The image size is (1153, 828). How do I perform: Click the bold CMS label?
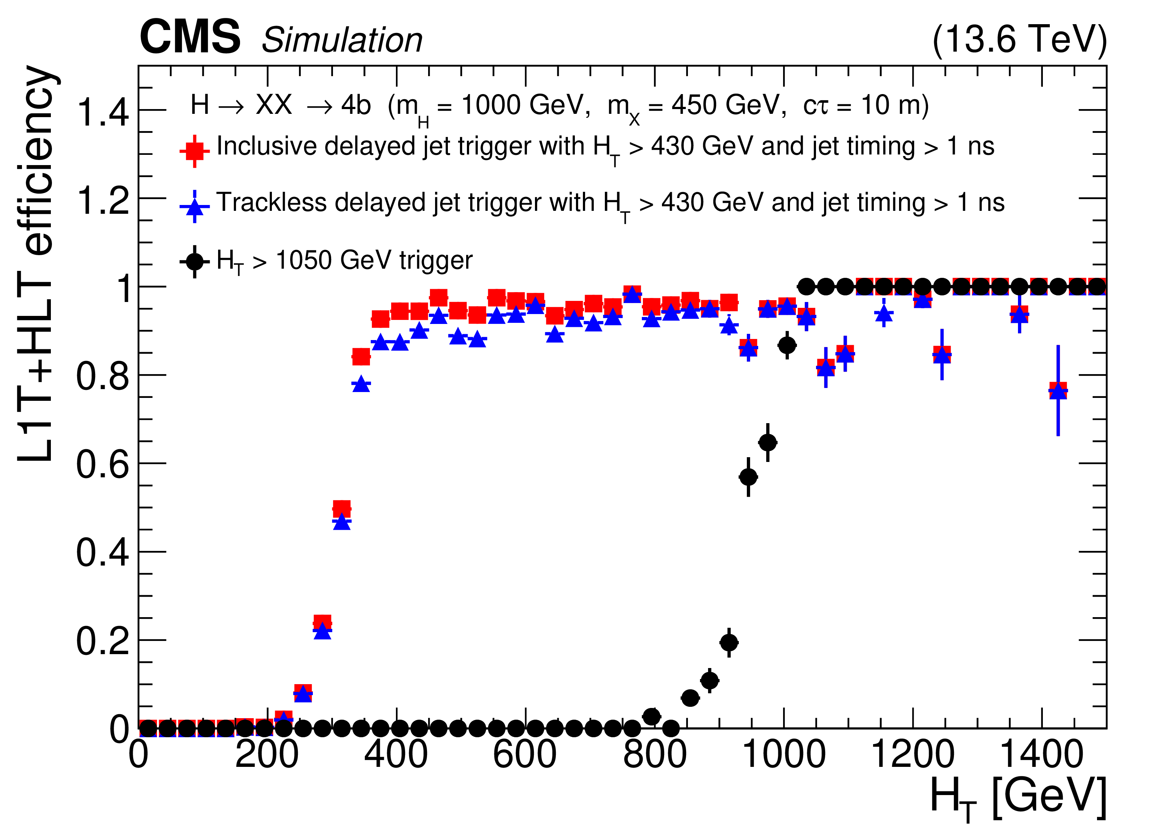(190, 37)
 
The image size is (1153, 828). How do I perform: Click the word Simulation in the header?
(342, 40)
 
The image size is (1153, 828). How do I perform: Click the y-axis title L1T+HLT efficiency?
(35, 265)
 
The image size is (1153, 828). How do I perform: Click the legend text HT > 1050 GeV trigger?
(344, 261)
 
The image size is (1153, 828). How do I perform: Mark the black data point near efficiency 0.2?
(729, 642)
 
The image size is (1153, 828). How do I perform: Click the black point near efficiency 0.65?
(768, 443)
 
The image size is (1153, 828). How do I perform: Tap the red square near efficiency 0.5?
(342, 508)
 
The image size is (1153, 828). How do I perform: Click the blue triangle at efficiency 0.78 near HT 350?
(361, 384)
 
